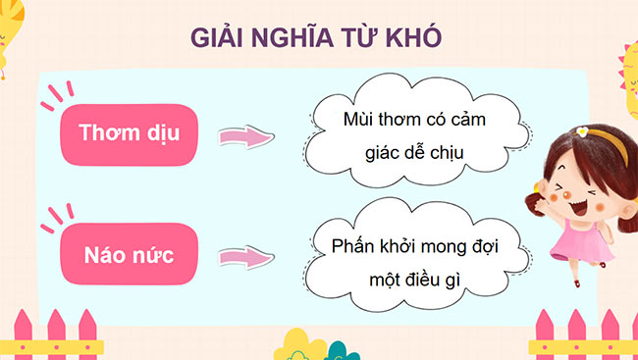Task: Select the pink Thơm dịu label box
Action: [x=128, y=133]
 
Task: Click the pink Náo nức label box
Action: [x=128, y=256]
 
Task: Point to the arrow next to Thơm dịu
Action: [x=243, y=136]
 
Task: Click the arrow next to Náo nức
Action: [x=243, y=258]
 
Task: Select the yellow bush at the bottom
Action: [x=298, y=345]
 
